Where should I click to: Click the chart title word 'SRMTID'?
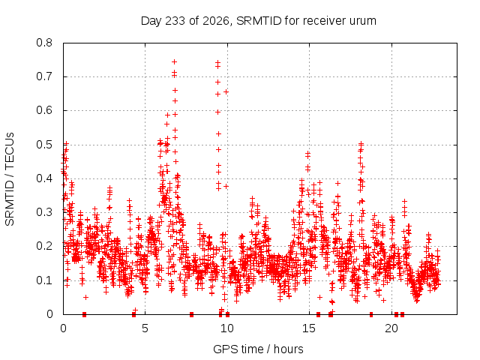pyautogui.click(x=259, y=21)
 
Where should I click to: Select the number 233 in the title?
pyautogui.click(x=175, y=21)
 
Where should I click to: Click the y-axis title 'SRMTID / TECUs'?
pyautogui.click(x=10, y=179)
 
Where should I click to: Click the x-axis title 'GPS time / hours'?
pyautogui.click(x=258, y=349)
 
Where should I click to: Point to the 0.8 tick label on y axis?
pyautogui.click(x=44, y=43)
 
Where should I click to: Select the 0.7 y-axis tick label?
pyautogui.click(x=44, y=76)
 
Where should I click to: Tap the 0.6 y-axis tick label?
pyautogui.click(x=44, y=110)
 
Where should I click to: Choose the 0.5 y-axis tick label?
pyautogui.click(x=44, y=145)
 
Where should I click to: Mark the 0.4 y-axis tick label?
pyautogui.click(x=44, y=178)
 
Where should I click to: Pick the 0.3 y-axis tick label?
pyautogui.click(x=44, y=212)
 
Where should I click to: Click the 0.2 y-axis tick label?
pyautogui.click(x=44, y=246)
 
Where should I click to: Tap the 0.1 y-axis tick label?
pyautogui.click(x=44, y=280)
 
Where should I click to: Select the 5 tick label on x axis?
pyautogui.click(x=145, y=328)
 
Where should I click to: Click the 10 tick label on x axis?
pyautogui.click(x=227, y=328)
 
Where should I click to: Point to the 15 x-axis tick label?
pyautogui.click(x=309, y=328)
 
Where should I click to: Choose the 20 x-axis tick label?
pyautogui.click(x=391, y=328)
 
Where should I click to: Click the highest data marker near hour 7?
pyautogui.click(x=174, y=61)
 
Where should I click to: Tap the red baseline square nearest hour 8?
pyautogui.click(x=192, y=314)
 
